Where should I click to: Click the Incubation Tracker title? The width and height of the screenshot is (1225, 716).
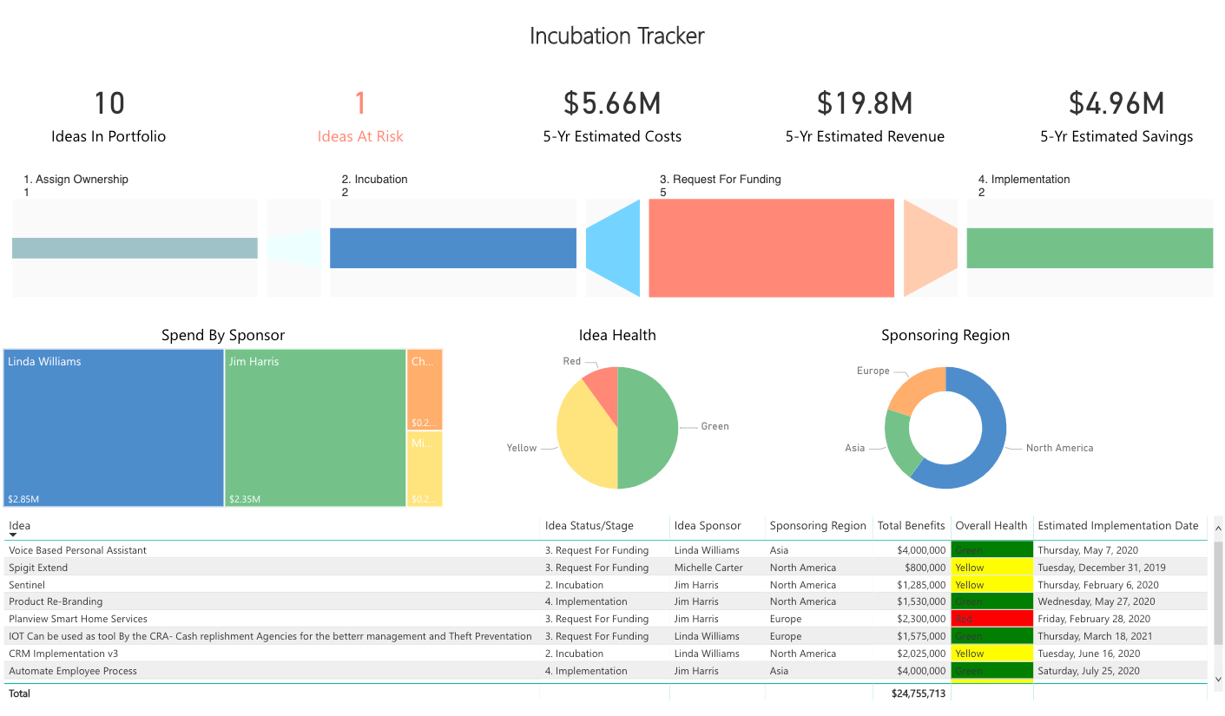pos(616,36)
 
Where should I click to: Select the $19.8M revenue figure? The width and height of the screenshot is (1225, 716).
pos(864,103)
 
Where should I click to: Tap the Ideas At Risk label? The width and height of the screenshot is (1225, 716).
pos(360,136)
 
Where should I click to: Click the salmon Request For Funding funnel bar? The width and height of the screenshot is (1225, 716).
pos(771,248)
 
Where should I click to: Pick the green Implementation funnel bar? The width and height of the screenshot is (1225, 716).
pos(1090,248)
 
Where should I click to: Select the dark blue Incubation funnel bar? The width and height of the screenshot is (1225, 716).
pos(452,248)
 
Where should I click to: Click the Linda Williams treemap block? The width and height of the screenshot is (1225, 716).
pos(114,428)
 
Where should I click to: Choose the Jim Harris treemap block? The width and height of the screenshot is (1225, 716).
pos(314,428)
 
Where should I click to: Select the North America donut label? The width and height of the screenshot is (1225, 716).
pos(1059,448)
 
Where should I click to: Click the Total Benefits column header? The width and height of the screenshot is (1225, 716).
pos(911,525)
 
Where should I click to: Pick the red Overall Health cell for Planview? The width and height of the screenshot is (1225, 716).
pos(992,619)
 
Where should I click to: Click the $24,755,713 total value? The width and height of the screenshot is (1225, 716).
pos(919,693)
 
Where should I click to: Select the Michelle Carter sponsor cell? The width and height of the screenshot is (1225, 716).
pos(707,568)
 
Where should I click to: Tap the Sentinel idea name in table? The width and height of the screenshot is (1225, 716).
pos(26,585)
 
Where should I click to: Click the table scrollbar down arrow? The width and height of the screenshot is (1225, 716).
pos(1217,679)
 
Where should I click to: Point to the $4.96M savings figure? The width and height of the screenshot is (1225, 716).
pos(1116,103)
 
